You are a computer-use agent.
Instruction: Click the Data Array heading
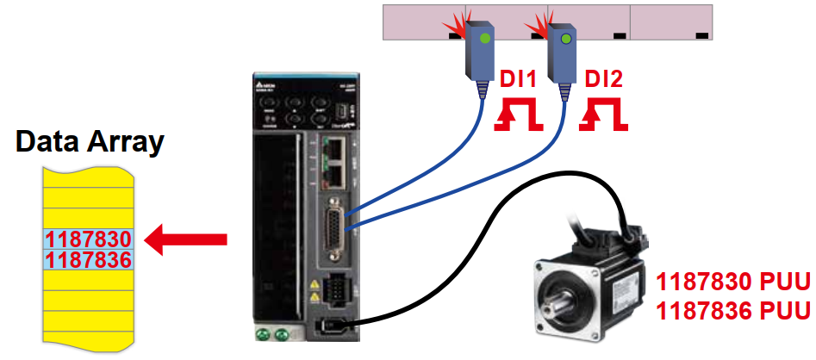pos(90,141)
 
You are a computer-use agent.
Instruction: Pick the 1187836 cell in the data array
pos(88,258)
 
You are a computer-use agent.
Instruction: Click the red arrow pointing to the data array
pos(186,239)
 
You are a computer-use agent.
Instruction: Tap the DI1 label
pos(519,80)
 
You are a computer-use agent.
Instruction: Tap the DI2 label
pos(604,80)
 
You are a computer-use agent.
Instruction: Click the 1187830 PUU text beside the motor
pos(734,282)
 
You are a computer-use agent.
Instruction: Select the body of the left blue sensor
pos(482,52)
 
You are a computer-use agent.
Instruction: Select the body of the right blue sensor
pos(564,52)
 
